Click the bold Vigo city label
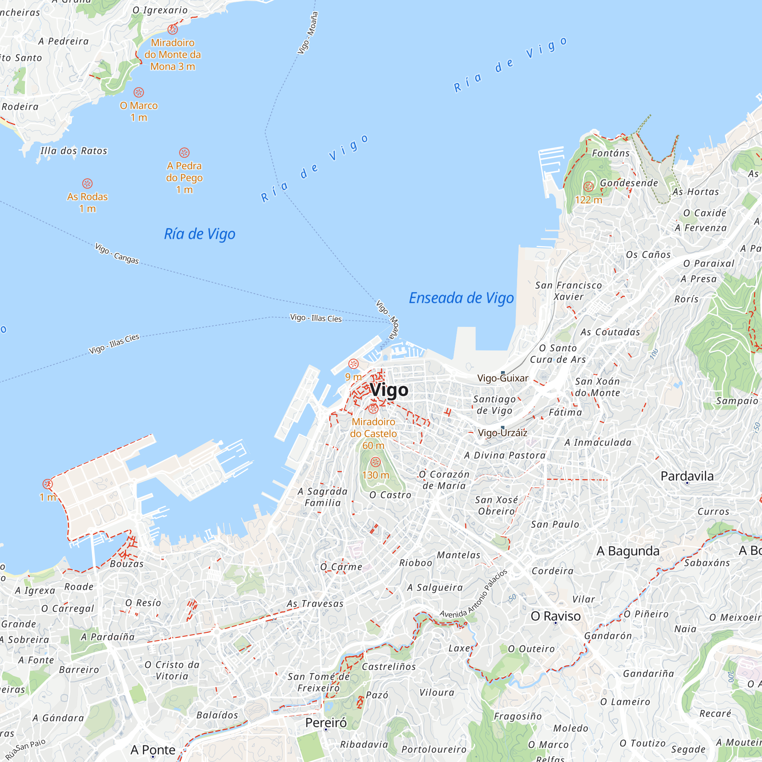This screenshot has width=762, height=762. click(x=389, y=390)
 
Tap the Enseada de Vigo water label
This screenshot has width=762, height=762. click(x=461, y=298)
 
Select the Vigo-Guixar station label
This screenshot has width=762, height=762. click(x=503, y=378)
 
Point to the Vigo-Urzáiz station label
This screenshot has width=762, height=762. click(x=502, y=433)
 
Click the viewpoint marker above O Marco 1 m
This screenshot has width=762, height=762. click(x=138, y=92)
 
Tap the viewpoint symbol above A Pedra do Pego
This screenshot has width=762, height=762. click(x=184, y=153)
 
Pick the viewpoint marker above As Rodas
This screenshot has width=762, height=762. click(x=87, y=183)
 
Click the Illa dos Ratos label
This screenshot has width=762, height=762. click(x=74, y=150)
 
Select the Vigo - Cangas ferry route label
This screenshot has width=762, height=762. click(x=117, y=254)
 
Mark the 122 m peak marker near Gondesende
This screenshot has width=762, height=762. click(x=588, y=187)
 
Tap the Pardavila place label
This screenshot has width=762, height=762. click(x=687, y=476)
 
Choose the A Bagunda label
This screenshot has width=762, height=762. click(x=628, y=551)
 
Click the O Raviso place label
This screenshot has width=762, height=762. click(x=555, y=616)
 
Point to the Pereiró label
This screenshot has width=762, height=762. click(x=326, y=722)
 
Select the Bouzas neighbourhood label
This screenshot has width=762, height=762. click(x=126, y=563)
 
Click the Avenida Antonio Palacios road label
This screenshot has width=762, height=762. click(x=473, y=594)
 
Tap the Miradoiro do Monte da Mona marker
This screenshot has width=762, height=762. click(x=172, y=29)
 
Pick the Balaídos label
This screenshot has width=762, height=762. click(x=217, y=715)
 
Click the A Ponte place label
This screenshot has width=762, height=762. click(x=153, y=750)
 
